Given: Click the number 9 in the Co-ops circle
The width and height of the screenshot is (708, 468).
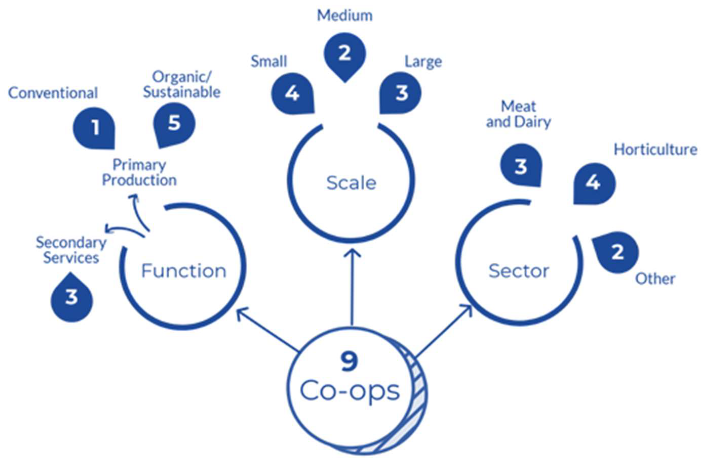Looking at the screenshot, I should click(x=349, y=362).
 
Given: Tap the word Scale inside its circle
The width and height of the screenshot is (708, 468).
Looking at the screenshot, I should click(x=351, y=183).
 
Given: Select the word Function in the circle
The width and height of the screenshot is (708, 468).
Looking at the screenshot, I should click(x=183, y=271).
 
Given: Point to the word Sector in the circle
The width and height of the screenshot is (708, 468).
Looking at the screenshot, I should click(x=519, y=271).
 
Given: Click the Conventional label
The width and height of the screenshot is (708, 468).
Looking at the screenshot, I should click(x=53, y=93).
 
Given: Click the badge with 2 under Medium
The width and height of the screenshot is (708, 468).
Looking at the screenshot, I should click(x=345, y=54).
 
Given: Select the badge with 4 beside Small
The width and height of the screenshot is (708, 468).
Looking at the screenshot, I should click(x=292, y=93).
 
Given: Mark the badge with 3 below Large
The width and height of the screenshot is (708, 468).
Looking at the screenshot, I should click(x=401, y=93).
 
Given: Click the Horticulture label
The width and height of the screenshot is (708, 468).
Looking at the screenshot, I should click(x=655, y=150).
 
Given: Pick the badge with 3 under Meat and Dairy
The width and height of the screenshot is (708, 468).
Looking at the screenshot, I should click(x=521, y=166).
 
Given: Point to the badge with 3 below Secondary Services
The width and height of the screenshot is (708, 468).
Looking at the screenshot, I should click(x=71, y=297).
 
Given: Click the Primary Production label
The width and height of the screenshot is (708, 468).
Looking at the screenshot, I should click(x=139, y=173).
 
